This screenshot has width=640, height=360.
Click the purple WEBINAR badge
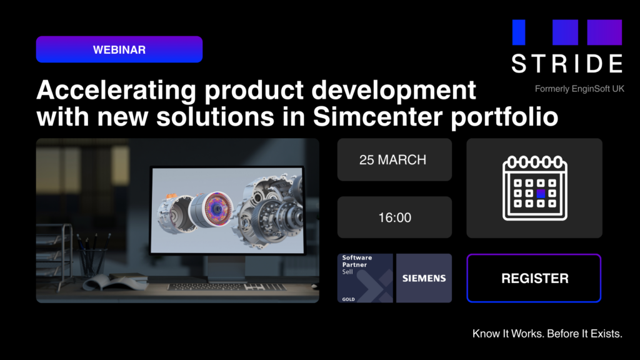(119, 49)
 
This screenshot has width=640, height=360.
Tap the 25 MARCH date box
(394, 160)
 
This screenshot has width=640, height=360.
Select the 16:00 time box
(394, 217)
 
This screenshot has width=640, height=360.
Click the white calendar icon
(534, 188)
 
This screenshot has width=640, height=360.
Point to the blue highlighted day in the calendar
(541, 194)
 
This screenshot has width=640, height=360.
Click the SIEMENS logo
(424, 277)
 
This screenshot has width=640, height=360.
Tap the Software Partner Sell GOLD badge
(365, 277)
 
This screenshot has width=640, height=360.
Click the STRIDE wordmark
(567, 64)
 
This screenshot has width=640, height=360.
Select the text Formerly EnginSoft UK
(579, 89)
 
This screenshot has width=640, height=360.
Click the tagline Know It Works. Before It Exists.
(547, 334)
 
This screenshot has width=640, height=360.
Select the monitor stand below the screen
(226, 269)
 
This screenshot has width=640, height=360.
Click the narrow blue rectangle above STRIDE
(519, 32)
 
